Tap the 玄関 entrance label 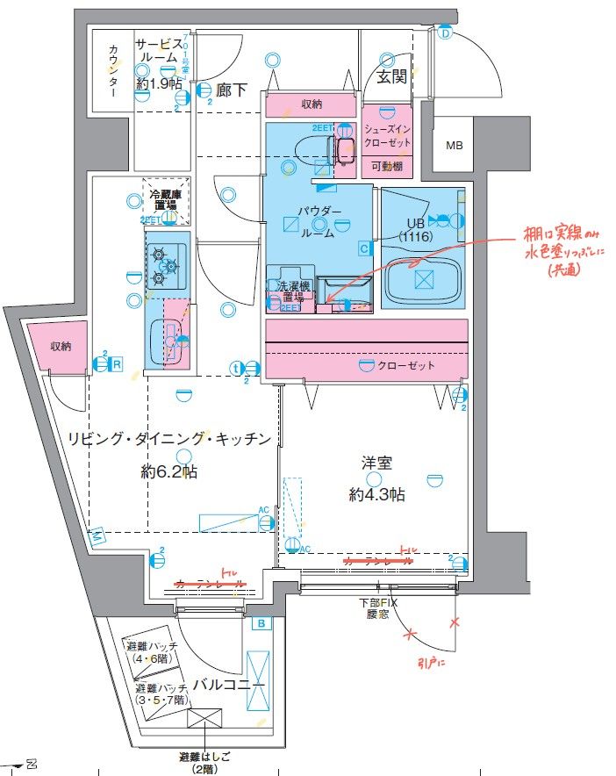pyautogui.click(x=391, y=77)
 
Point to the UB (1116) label pyautogui.click(x=412, y=230)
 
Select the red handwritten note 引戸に pyautogui.click(x=431, y=663)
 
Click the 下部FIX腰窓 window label pyautogui.click(x=378, y=609)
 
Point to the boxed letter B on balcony pyautogui.click(x=261, y=624)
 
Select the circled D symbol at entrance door pyautogui.click(x=445, y=33)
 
